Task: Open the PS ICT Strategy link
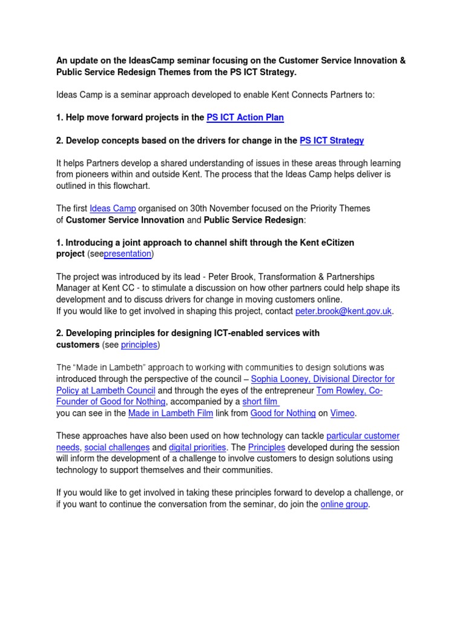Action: [x=332, y=140]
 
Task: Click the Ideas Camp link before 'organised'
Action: [x=113, y=208]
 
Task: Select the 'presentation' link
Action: [x=128, y=254]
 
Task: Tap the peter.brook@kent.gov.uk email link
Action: [x=344, y=311]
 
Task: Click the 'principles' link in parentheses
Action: [x=139, y=345]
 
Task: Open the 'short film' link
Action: [x=260, y=401]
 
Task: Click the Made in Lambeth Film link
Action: [x=171, y=413]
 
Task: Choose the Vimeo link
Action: [x=342, y=413]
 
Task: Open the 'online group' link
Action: [x=344, y=504]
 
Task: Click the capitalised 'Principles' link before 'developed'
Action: [x=266, y=447]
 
